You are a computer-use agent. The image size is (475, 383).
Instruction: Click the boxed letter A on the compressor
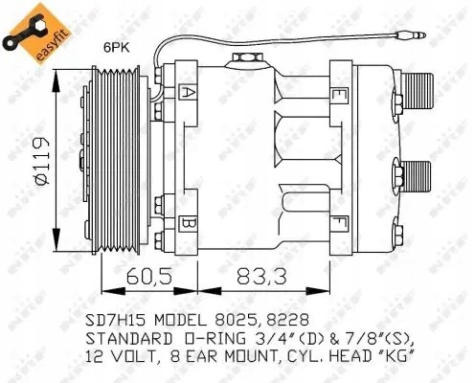[189, 93]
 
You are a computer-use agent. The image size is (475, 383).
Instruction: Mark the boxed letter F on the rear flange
[340, 226]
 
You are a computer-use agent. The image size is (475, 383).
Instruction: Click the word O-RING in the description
[215, 337]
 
